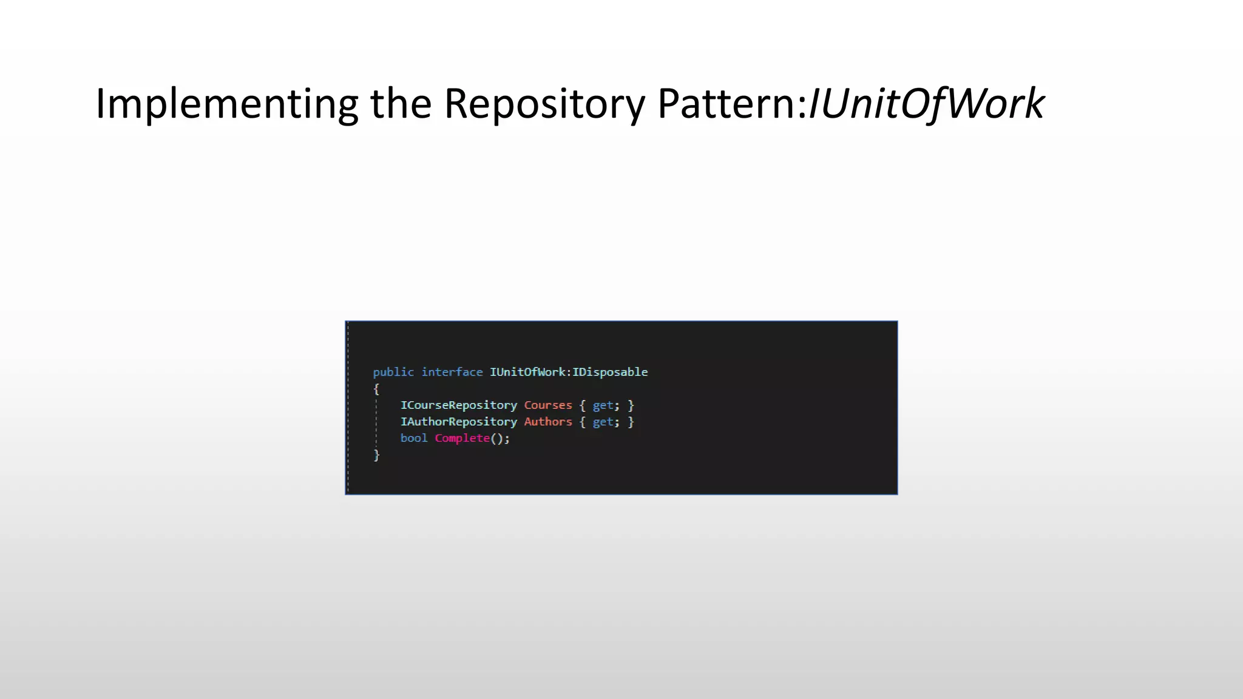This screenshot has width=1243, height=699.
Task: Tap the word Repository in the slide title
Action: click(x=544, y=104)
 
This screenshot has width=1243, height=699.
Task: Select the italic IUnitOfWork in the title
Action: click(x=926, y=104)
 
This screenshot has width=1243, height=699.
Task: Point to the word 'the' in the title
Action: click(x=401, y=104)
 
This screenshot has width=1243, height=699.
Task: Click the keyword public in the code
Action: click(x=393, y=372)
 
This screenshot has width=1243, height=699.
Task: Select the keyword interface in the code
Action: click(x=452, y=372)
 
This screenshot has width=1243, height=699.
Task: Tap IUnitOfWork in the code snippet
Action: click(x=527, y=372)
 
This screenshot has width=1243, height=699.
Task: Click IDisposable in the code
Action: click(x=610, y=372)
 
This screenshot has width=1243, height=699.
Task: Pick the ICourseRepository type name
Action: click(x=458, y=405)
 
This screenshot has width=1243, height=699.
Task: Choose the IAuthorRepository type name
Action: click(x=458, y=422)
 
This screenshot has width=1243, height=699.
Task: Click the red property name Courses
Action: click(x=548, y=405)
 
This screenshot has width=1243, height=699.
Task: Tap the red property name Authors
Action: click(x=548, y=422)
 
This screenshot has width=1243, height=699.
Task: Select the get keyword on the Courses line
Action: click(x=603, y=405)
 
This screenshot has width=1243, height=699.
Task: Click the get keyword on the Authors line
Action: click(x=603, y=422)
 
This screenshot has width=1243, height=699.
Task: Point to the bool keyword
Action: click(x=414, y=438)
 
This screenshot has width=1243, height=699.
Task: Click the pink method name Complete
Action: click(x=462, y=438)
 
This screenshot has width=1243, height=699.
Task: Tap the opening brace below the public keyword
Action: click(x=376, y=389)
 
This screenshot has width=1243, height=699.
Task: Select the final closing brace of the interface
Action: click(x=376, y=454)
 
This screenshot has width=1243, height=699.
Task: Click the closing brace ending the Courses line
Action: click(x=631, y=405)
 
